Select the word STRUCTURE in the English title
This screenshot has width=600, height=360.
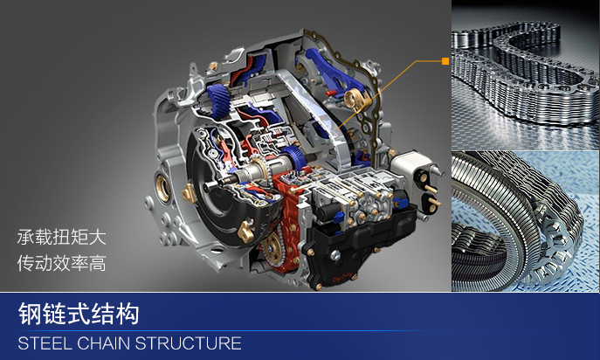coord(188,343)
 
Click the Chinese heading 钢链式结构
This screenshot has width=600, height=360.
coord(79,314)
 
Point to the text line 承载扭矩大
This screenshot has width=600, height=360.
coord(61,237)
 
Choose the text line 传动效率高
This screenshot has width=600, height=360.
coord(61,264)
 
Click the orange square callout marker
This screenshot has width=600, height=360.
coord(445,61)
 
